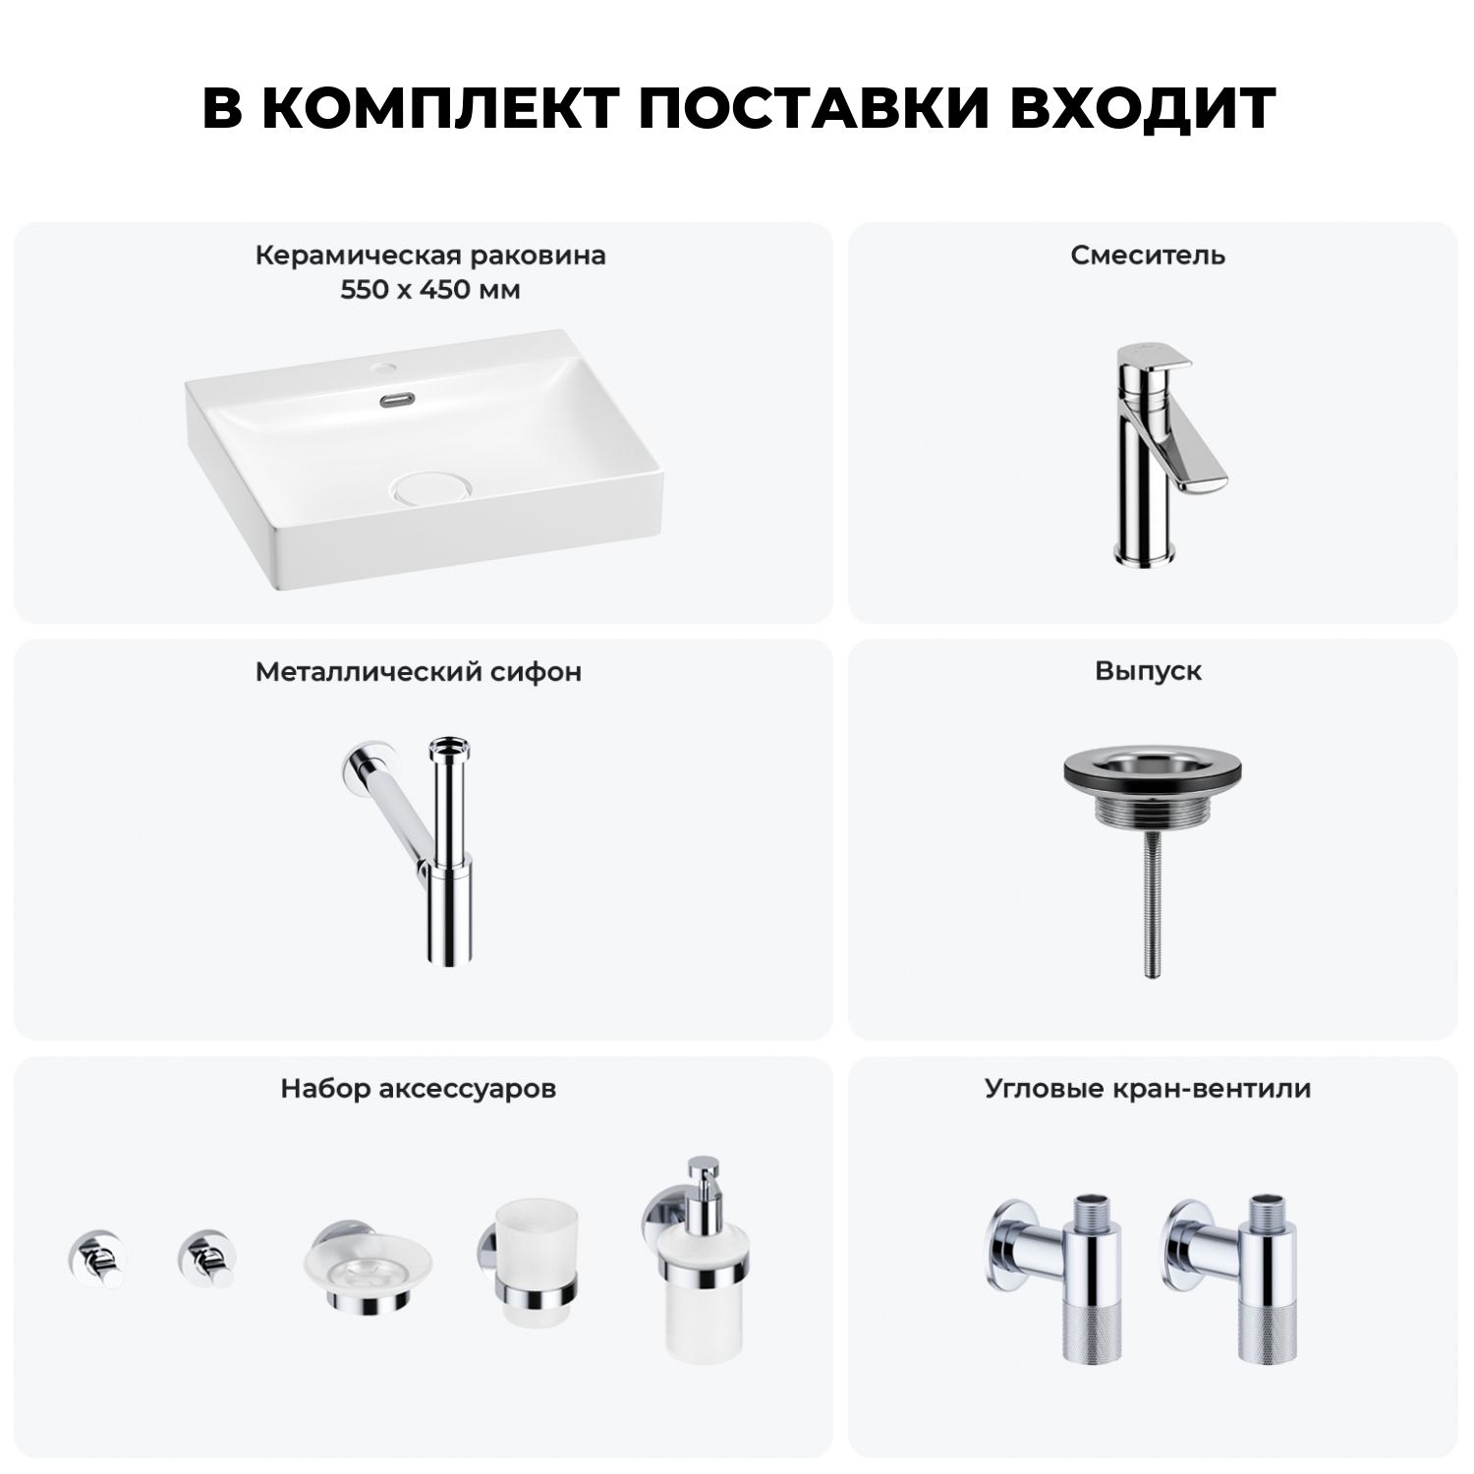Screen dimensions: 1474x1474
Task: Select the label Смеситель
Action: click(x=1148, y=255)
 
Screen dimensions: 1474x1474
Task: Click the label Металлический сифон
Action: click(x=419, y=672)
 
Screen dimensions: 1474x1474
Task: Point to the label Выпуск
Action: click(x=1149, y=672)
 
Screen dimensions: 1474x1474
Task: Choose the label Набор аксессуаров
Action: click(x=419, y=1090)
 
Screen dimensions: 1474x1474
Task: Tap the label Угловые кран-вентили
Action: click(x=1148, y=1090)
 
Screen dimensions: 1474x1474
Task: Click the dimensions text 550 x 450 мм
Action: click(x=430, y=291)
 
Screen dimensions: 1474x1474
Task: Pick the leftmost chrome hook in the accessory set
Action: click(x=94, y=1258)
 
